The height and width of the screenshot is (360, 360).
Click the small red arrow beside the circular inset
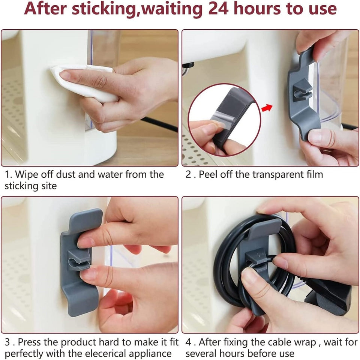tap(267, 108)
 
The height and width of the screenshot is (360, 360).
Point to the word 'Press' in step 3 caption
tap(29, 342)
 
